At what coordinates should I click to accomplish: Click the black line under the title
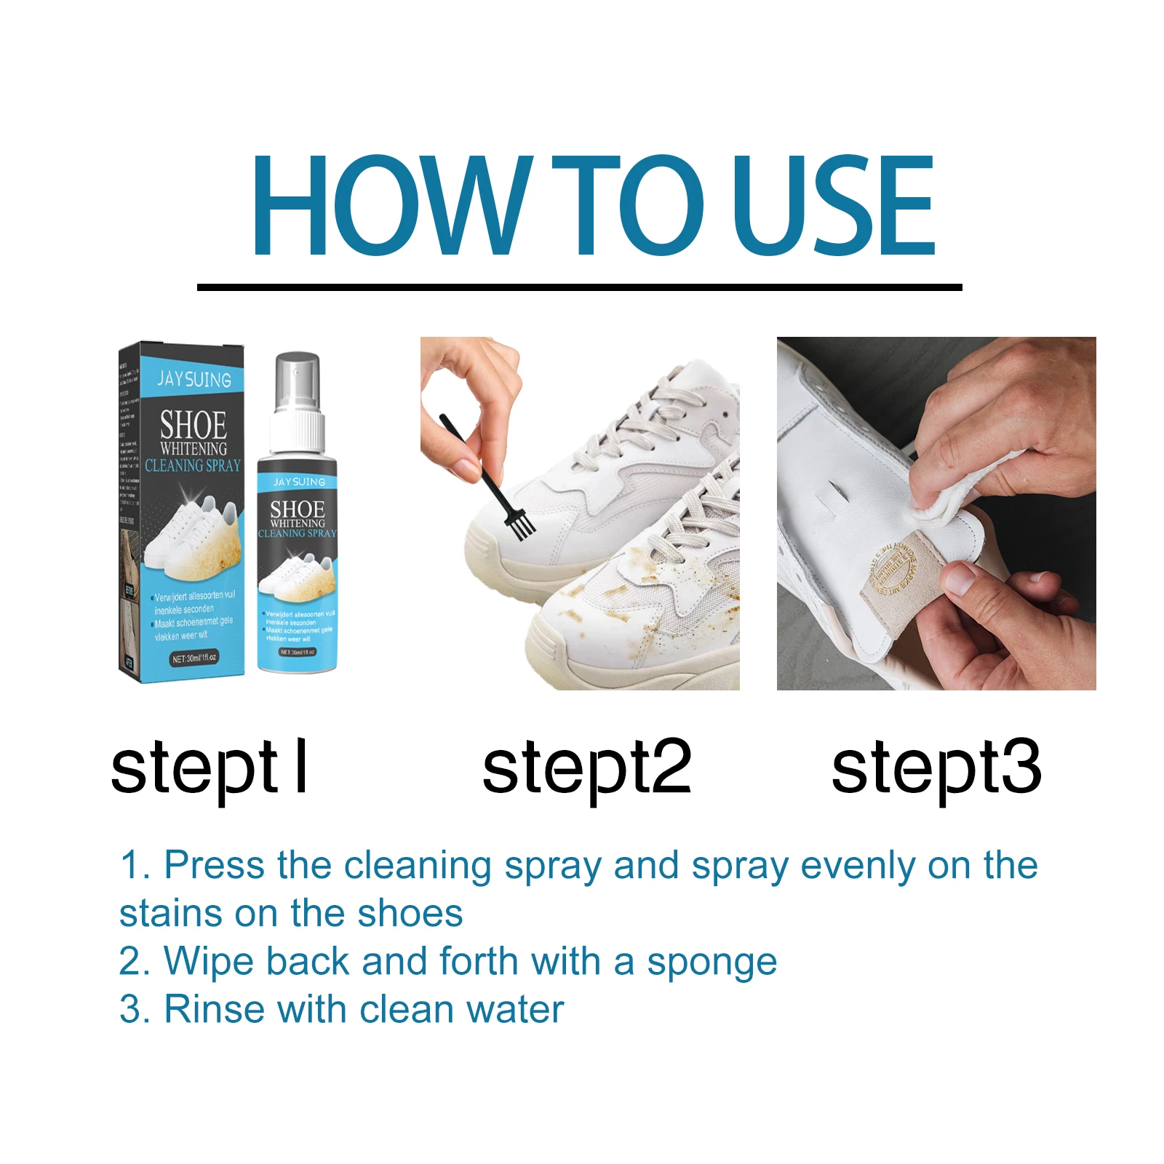click(579, 287)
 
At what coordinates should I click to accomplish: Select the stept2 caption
click(586, 768)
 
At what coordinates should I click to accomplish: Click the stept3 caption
click(936, 768)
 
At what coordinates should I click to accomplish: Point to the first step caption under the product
click(210, 768)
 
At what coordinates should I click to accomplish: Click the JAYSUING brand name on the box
click(194, 379)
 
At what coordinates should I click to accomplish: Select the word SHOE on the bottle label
click(297, 509)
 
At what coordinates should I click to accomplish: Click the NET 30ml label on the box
click(194, 658)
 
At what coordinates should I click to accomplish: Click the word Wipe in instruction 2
click(208, 962)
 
